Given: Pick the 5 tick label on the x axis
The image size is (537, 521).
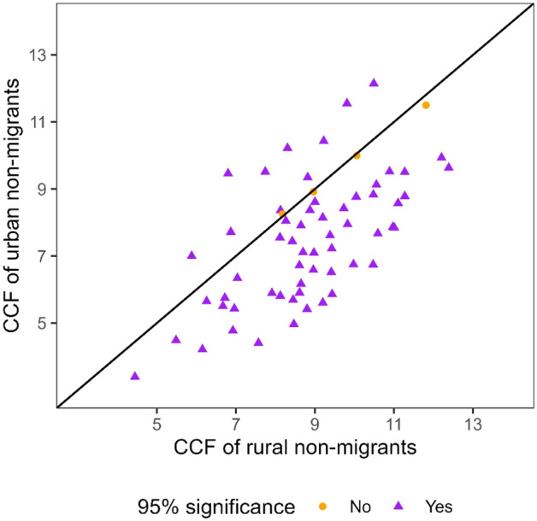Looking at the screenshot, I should tap(157, 423).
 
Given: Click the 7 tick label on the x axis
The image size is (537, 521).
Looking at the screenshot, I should tap(236, 423).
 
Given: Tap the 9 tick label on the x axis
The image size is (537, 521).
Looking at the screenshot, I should tap(315, 423).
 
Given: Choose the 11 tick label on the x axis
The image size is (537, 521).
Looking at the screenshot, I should tap(393, 423).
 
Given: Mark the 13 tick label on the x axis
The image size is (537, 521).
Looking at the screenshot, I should tap(473, 423).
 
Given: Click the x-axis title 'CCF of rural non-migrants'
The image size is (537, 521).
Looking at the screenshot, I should tap(295, 447).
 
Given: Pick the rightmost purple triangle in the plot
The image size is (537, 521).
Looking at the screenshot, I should tap(448, 167).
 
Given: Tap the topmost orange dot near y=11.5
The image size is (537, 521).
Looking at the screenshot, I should tap(426, 105).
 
